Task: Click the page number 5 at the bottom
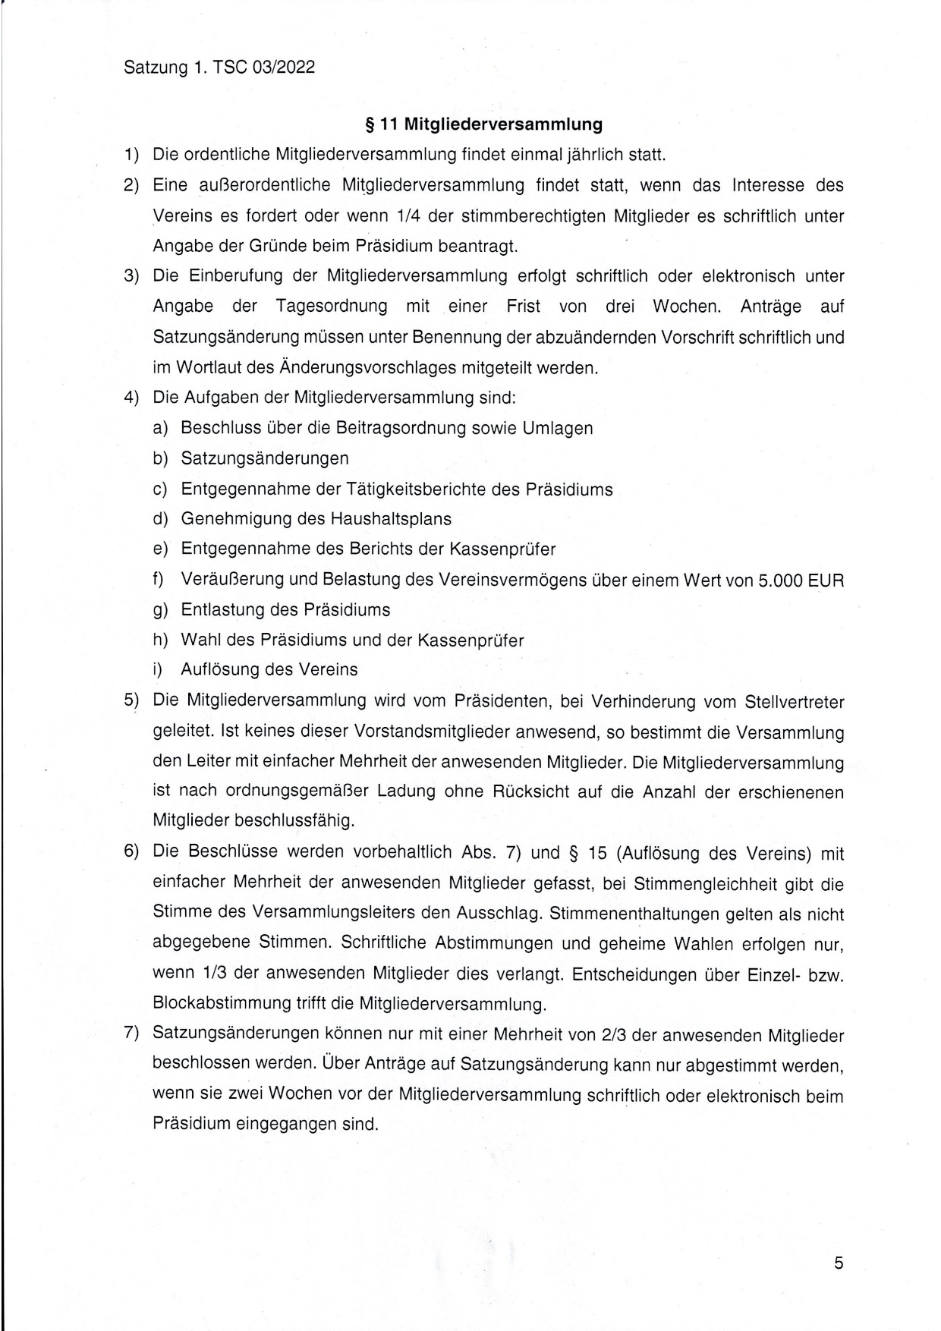pyautogui.click(x=839, y=1263)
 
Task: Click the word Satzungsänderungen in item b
pyautogui.click(x=264, y=458)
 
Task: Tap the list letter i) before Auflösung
pyautogui.click(x=159, y=670)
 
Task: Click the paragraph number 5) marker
pyautogui.click(x=132, y=700)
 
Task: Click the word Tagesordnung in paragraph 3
pyautogui.click(x=331, y=307)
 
